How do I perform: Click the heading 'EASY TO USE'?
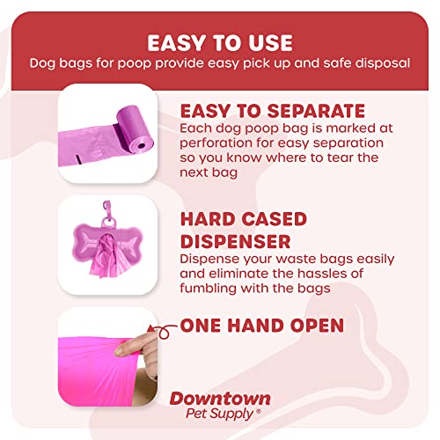[220, 42]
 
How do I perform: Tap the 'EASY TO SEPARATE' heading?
[272, 111]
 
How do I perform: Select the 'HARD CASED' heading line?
[244, 219]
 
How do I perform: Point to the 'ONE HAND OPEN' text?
[261, 326]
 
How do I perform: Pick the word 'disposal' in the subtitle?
[379, 63]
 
